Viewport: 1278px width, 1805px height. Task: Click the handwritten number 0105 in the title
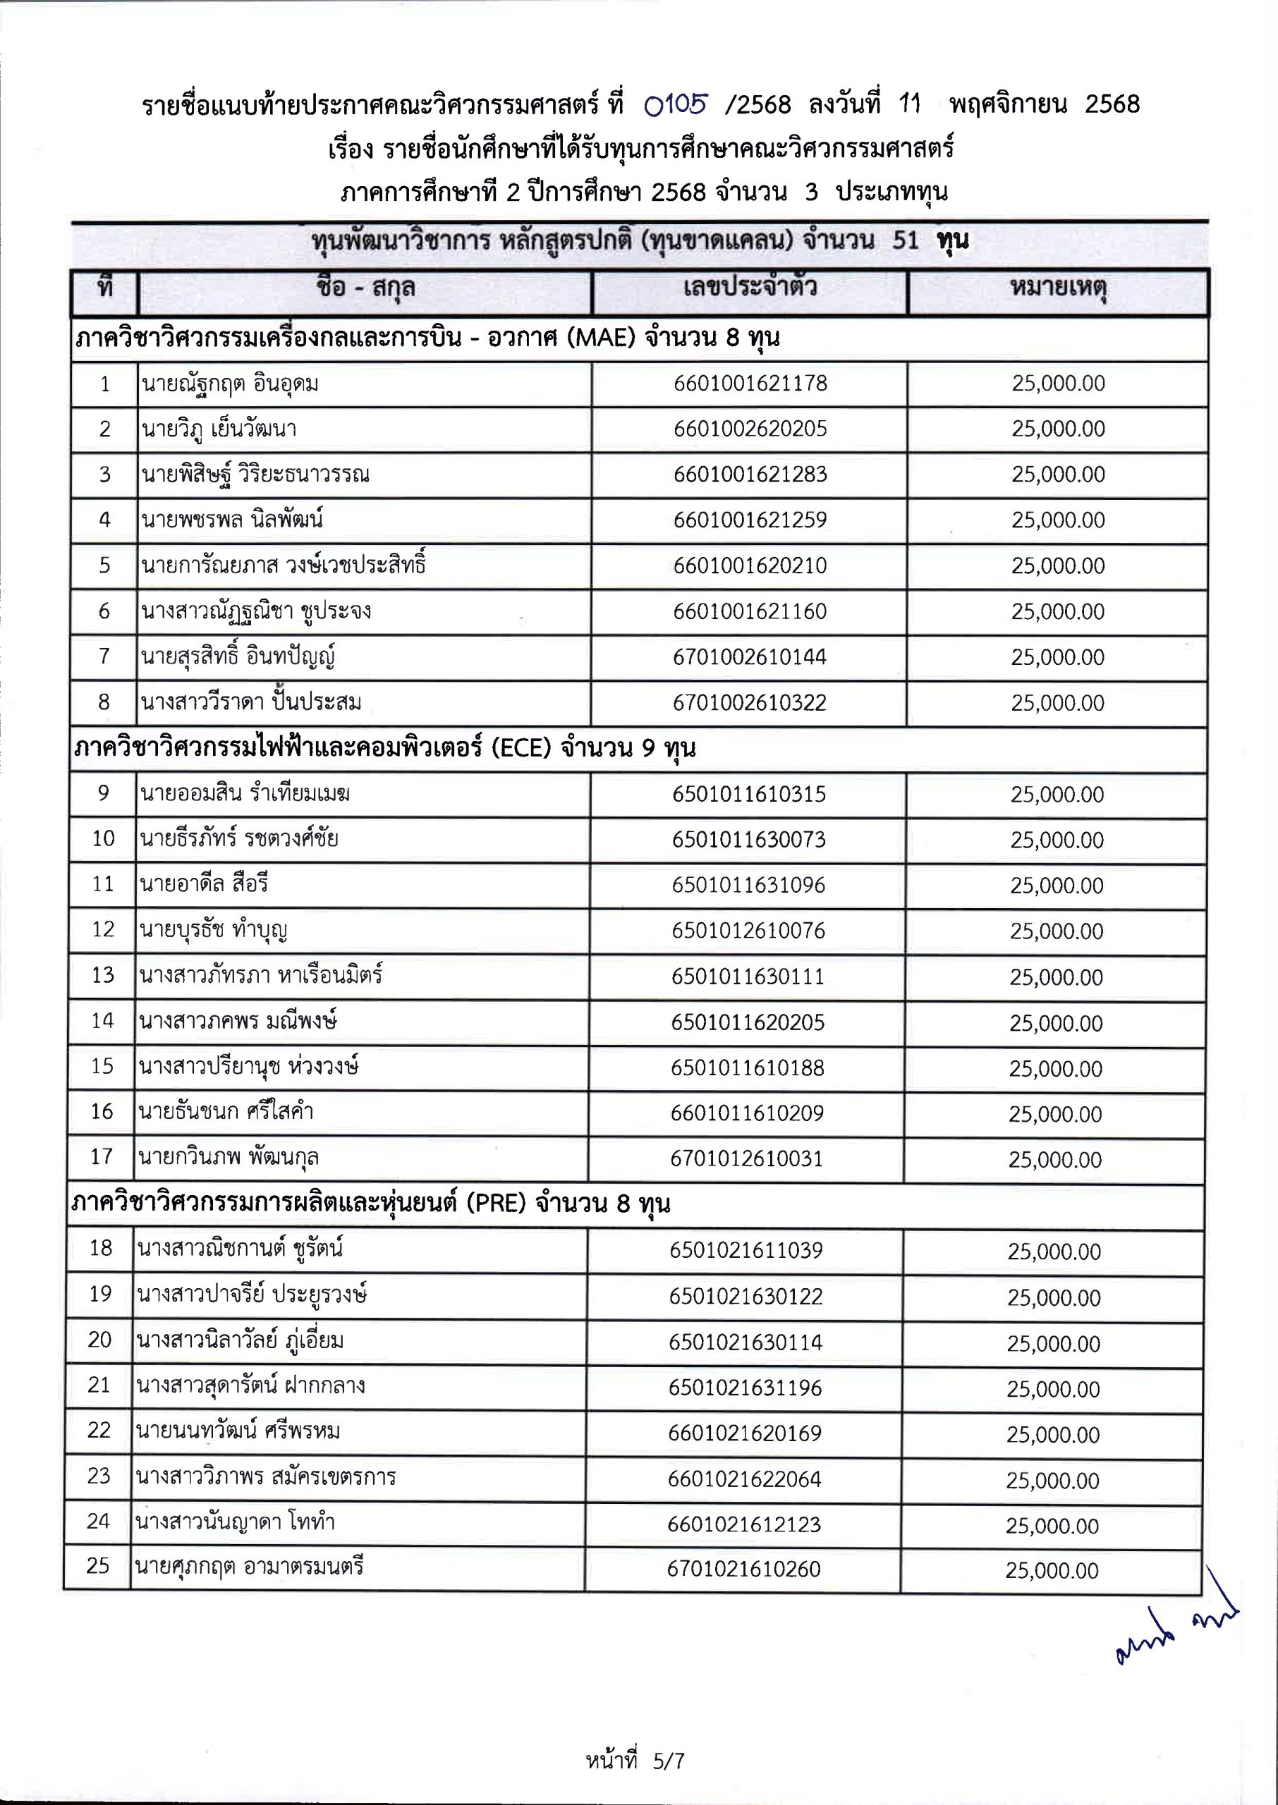tap(676, 104)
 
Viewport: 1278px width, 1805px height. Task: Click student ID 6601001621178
tap(750, 384)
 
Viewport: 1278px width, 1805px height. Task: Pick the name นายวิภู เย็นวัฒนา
tap(219, 429)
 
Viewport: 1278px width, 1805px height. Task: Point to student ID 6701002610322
tap(749, 703)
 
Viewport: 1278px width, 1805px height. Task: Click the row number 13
tap(103, 975)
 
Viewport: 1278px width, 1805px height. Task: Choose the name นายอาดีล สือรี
tap(204, 885)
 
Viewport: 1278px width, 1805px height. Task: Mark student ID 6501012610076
tap(748, 931)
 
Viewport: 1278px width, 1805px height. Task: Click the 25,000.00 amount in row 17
tap(1055, 1159)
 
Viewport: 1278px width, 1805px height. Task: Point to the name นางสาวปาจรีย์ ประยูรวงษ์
tap(252, 1295)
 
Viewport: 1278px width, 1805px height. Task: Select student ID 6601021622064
tap(745, 1479)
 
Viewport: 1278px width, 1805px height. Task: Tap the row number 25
tap(97, 1565)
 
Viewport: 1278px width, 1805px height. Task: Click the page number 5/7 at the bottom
tap(669, 1760)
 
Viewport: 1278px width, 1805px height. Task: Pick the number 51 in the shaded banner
tap(906, 240)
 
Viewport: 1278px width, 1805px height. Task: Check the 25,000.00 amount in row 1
tap(1058, 384)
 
